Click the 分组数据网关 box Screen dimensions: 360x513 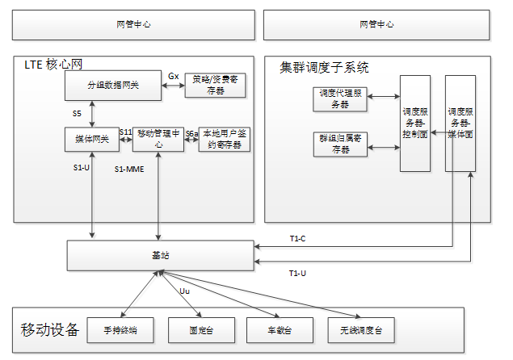[113, 86]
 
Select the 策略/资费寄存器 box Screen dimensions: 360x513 [215, 86]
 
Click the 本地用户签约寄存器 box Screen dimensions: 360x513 [225, 139]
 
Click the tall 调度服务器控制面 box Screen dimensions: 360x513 [415, 123]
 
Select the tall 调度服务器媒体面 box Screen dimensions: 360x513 [460, 123]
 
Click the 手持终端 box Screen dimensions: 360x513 [120, 331]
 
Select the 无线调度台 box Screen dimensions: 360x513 [360, 331]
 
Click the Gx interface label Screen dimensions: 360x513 [173, 76]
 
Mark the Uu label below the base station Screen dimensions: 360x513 [183, 289]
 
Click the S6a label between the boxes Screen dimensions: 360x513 [191, 132]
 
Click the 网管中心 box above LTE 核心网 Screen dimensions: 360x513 [133, 24]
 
